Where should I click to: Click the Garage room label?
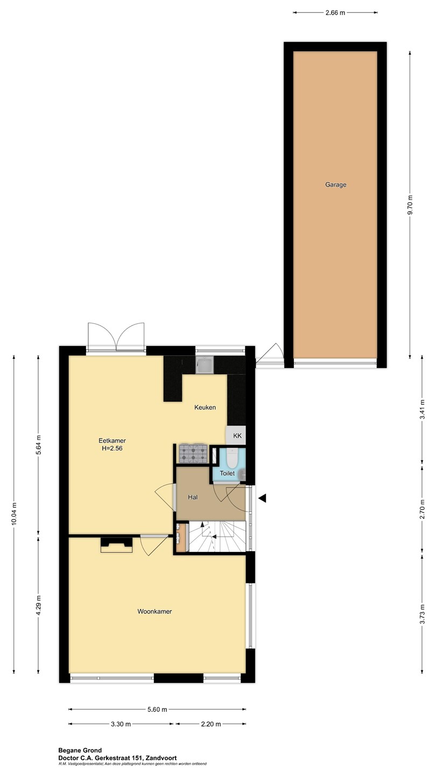coord(335,185)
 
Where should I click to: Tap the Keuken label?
coord(205,407)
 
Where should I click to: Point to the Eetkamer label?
coord(112,441)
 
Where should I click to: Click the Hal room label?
coord(193,497)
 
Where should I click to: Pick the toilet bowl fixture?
coord(231,457)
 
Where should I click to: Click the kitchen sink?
coord(205,365)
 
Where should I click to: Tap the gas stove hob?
coord(193,453)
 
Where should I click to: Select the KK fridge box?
coord(236,435)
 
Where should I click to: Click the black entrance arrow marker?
coord(262,498)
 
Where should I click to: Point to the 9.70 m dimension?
coord(410,205)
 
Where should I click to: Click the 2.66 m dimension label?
coord(335,13)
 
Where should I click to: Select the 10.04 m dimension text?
coord(14,513)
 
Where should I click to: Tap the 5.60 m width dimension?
coord(157,709)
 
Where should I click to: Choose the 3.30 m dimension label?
coord(121,724)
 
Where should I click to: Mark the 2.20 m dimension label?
coord(211,724)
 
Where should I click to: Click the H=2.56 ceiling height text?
coord(112,448)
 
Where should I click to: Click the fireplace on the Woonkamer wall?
coord(117,545)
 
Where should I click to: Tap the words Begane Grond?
coord(80,750)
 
